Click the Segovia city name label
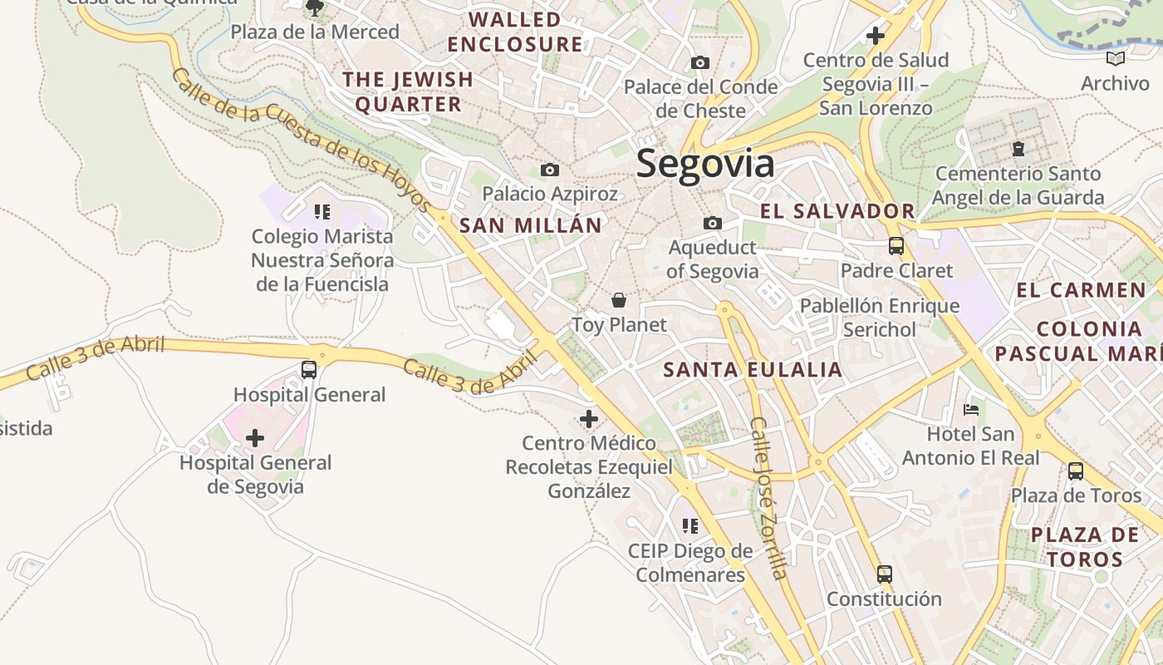click(705, 164)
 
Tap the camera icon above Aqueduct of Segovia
click(712, 223)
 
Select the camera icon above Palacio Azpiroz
click(549, 170)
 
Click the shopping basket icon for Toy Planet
click(619, 300)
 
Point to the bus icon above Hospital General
click(309, 369)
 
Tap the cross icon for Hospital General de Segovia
click(255, 437)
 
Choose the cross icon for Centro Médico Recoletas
click(589, 418)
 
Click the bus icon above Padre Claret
click(896, 245)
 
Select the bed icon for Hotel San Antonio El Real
click(970, 409)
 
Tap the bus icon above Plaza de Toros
click(1076, 470)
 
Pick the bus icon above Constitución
click(884, 574)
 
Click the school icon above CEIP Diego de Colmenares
click(689, 525)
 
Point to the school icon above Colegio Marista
click(322, 211)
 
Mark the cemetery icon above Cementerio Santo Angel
click(1018, 149)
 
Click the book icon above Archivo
click(1115, 58)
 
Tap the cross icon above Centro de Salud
click(875, 36)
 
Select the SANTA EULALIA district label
click(753, 370)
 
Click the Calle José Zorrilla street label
click(768, 498)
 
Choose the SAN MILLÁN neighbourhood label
click(530, 225)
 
